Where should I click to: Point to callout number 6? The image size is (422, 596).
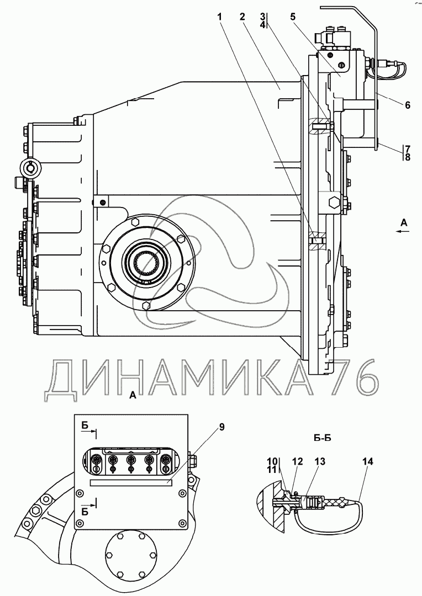[x=407, y=105]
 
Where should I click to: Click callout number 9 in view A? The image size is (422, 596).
[x=222, y=427]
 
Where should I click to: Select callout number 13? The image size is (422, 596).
[x=319, y=461]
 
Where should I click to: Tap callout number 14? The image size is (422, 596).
[x=368, y=461]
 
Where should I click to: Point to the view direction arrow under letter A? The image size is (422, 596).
[x=403, y=232]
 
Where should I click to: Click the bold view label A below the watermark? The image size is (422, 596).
[x=131, y=395]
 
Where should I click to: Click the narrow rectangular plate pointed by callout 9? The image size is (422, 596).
[x=131, y=482]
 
